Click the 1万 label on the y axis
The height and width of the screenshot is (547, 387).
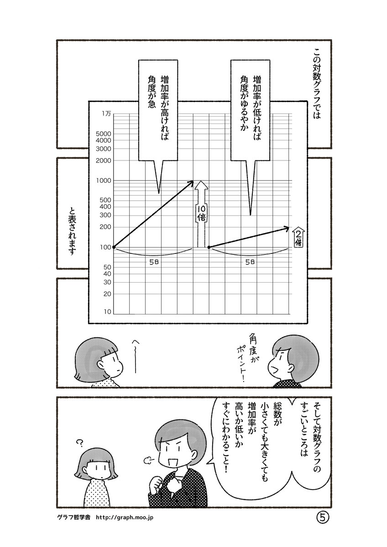105,114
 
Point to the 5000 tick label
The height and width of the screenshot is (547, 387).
104,134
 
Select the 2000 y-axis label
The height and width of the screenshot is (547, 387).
104,160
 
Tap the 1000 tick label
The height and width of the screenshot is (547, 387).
104,181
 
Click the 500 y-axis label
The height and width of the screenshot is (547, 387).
105,201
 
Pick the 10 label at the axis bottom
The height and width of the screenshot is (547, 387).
107,312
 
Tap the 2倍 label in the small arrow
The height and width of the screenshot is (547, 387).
297,237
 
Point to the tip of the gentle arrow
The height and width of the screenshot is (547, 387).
288,227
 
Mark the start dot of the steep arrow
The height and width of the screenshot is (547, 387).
113,247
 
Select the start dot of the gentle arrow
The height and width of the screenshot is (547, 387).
209,247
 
